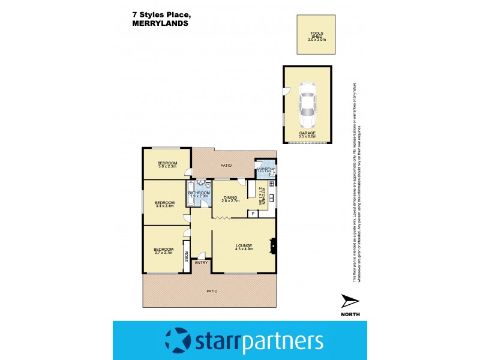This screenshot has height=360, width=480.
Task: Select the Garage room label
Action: pyautogui.click(x=307, y=135)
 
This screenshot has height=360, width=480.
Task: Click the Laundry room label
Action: pyautogui.click(x=265, y=170)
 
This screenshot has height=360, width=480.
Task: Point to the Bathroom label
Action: pyautogui.click(x=199, y=194)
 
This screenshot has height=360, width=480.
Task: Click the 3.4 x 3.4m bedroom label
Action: pyautogui.click(x=164, y=204)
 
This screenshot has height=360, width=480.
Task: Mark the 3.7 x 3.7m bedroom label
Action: pyautogui.click(x=163, y=251)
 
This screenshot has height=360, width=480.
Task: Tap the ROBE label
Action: pyautogui.click(x=186, y=256)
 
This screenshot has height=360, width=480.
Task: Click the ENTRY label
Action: pyautogui.click(x=201, y=262)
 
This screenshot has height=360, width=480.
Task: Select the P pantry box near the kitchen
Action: pyautogui.click(x=253, y=213)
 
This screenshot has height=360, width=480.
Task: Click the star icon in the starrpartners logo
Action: pyautogui.click(x=178, y=340)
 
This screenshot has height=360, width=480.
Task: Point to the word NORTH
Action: pyautogui.click(x=350, y=315)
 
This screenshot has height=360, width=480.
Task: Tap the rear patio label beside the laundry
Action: pyautogui.click(x=226, y=164)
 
